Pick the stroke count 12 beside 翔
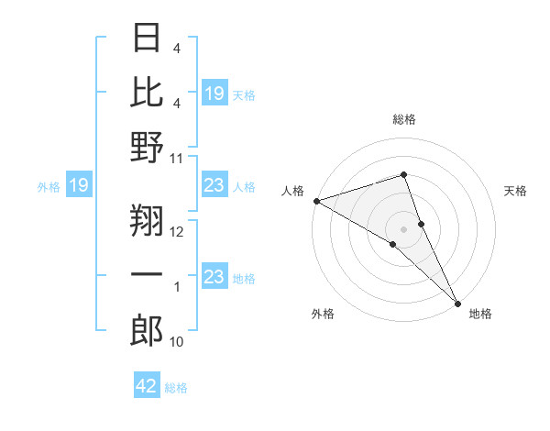pyautogui.click(x=177, y=232)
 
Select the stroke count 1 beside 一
pyautogui.click(x=177, y=287)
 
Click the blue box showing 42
pyautogui.click(x=147, y=386)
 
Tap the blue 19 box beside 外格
pyautogui.click(x=78, y=186)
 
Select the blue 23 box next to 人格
pyautogui.click(x=214, y=186)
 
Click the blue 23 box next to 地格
pyautogui.click(x=214, y=277)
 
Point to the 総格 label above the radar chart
pyautogui.click(x=404, y=119)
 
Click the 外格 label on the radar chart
pyautogui.click(x=323, y=315)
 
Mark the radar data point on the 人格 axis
pyautogui.click(x=316, y=200)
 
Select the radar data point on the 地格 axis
pyautogui.click(x=457, y=301)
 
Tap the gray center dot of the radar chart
pyautogui.click(x=404, y=227)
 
